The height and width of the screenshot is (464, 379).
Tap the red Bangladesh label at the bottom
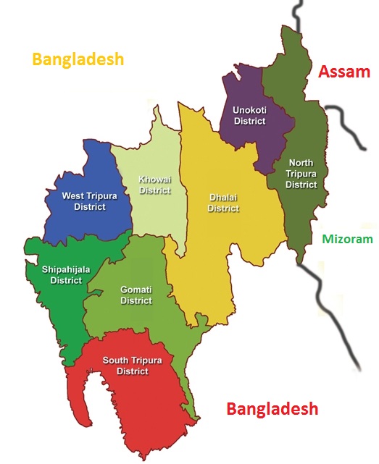point(272,409)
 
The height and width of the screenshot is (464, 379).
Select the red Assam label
point(344,72)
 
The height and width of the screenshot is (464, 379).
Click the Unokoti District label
point(249,116)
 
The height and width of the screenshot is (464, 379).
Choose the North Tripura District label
point(301,174)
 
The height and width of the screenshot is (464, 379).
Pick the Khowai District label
point(155,185)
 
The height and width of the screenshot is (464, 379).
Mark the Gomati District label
point(136,295)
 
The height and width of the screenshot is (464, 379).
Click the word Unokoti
point(249,111)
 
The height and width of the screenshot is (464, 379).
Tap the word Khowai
point(155,180)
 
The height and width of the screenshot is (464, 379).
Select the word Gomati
point(136,290)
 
